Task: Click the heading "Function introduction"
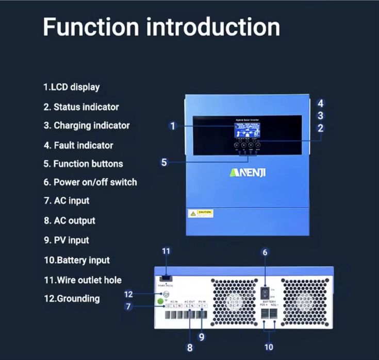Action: [161, 27]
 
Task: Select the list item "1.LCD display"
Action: [71, 87]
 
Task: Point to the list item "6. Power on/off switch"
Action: [90, 182]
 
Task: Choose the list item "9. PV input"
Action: [66, 240]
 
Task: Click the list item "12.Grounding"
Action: [71, 298]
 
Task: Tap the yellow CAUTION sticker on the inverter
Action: [199, 213]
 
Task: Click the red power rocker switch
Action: [264, 294]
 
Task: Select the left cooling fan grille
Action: [233, 301]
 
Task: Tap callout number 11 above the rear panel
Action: [166, 251]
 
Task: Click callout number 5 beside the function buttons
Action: [164, 162]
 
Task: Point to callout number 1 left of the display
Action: [173, 126]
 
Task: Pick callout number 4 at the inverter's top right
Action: [320, 102]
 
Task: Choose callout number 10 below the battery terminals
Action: [269, 347]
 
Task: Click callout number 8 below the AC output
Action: [190, 348]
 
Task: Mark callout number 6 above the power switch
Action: [265, 252]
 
